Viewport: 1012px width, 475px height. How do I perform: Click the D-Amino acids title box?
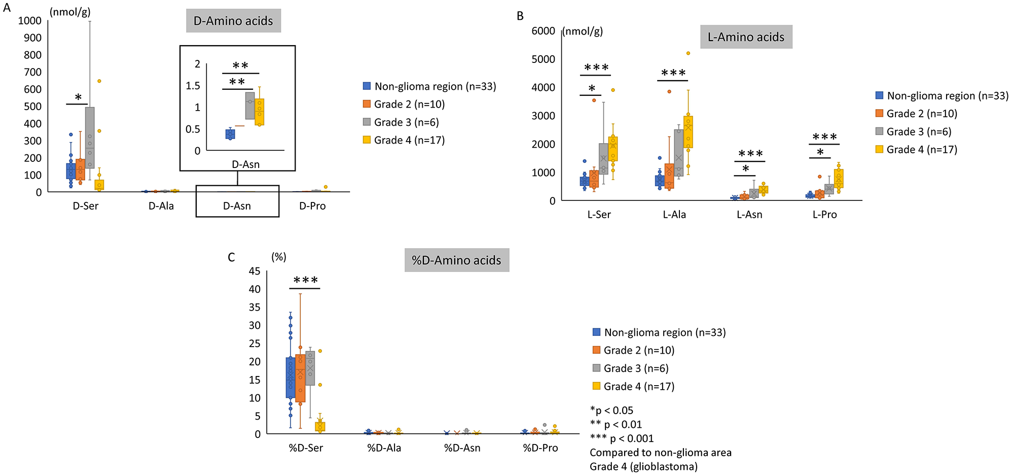[233, 21]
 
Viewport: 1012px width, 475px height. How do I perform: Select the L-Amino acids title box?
[746, 37]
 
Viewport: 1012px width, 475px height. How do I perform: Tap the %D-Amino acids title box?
[456, 260]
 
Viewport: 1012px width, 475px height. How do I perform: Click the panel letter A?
[7, 8]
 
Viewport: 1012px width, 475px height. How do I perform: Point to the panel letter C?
[231, 257]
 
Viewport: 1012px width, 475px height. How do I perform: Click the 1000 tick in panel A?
[30, 21]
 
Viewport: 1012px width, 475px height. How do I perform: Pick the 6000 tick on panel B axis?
[543, 31]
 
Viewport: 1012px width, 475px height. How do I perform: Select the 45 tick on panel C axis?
[255, 272]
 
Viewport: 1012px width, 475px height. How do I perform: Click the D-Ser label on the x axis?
[86, 206]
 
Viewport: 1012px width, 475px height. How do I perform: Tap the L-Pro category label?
[824, 215]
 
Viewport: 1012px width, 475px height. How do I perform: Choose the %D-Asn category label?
[462, 448]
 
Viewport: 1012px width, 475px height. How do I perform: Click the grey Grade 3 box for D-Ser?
[90, 137]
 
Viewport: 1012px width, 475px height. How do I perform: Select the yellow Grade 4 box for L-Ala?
[688, 132]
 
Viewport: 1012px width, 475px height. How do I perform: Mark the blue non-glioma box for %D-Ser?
[291, 378]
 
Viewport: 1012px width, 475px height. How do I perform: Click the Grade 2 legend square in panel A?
[367, 104]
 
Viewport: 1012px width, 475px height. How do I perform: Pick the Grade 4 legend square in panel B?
[880, 149]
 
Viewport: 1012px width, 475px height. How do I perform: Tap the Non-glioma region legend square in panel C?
[597, 332]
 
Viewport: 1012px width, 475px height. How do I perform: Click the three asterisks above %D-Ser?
[306, 281]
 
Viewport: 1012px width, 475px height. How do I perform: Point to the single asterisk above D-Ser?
[78, 97]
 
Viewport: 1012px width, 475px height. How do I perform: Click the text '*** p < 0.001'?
[622, 438]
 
